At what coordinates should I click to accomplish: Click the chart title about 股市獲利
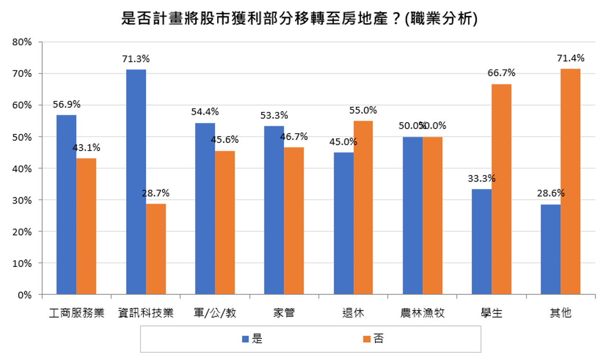coord(300,19)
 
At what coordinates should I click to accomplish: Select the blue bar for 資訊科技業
coord(136,182)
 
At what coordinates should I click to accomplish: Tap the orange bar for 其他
coord(570,182)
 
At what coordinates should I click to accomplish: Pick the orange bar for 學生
coord(501,189)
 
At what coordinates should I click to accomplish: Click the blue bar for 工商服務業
coord(66,205)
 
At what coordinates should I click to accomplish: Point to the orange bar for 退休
coord(363,207)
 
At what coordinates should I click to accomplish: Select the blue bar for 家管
coord(274,210)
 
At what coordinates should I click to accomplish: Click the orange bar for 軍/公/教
coord(225,222)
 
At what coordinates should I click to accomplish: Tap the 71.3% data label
coord(136,59)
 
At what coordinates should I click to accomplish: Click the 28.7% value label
coord(156,194)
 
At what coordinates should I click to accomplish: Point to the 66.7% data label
coord(502,74)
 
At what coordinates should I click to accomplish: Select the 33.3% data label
coord(481,179)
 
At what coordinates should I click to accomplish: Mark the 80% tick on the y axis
coord(22,42)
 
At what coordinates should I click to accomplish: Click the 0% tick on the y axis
coord(25,295)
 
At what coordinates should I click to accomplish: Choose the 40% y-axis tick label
coord(22,168)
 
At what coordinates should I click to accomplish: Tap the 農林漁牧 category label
coord(423,314)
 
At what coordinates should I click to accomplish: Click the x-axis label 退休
coord(353,314)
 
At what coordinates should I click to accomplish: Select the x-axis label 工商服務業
coord(76,314)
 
